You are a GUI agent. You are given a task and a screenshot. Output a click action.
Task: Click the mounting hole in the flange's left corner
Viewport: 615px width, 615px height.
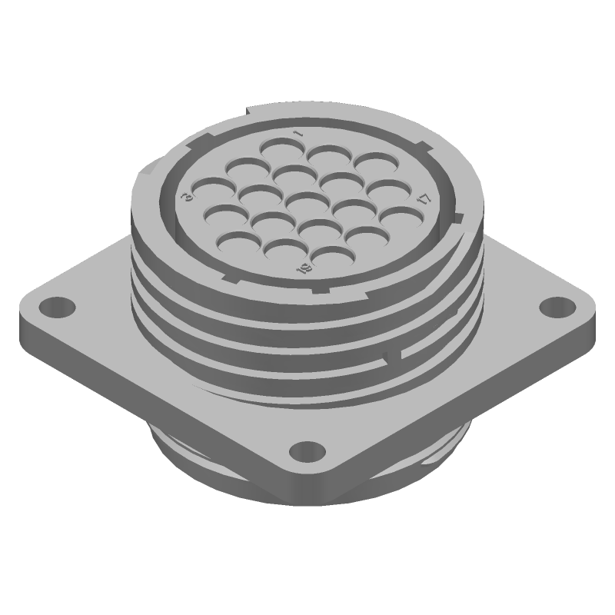56,308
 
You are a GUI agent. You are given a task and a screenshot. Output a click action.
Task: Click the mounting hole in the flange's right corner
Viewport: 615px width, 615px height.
555,308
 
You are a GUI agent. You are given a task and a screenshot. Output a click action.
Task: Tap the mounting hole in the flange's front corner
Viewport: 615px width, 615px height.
306,450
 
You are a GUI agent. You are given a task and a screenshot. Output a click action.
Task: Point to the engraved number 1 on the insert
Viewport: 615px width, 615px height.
299,135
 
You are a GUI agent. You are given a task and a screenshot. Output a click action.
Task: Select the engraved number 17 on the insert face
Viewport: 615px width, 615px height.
424,199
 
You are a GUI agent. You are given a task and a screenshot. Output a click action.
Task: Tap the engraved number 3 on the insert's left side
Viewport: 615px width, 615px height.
186,198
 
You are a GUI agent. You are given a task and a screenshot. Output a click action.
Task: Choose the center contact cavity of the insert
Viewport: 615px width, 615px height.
304,201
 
